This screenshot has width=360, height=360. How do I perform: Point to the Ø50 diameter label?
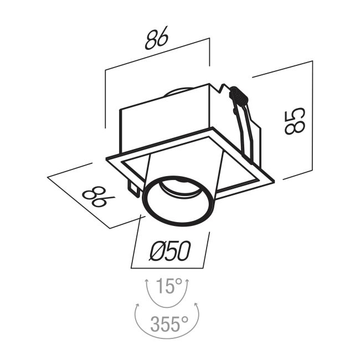pos(170,251)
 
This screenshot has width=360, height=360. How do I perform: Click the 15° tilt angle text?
pos(169,286)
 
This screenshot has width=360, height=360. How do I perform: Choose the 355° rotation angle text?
pos(169,323)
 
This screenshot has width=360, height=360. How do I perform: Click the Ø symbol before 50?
pos(158,251)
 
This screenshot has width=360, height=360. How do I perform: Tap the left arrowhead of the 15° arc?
pos(146,281)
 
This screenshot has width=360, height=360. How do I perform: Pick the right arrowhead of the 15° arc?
pos(187,281)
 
